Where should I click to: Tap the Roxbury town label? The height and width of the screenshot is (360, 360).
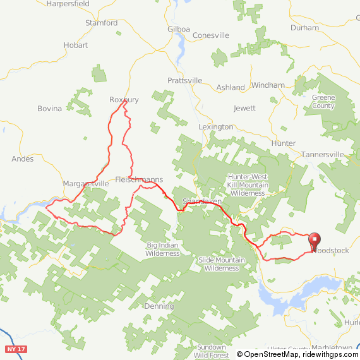124,100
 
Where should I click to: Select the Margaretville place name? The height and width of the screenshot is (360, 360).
87,183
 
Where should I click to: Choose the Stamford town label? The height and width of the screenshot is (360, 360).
101,23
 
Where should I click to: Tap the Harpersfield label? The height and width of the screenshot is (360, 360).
68,4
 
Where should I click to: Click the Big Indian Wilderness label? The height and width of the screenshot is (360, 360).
163,249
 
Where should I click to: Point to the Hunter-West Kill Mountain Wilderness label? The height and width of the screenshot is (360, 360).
247,184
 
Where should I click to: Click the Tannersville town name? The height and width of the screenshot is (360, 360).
322,154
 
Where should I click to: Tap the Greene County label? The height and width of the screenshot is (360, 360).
323,102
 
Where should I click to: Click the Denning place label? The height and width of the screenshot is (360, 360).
159,306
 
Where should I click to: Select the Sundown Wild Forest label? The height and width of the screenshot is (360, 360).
211,351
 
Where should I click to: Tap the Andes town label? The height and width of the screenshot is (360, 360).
23,159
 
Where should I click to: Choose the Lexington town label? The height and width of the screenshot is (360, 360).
215,127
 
